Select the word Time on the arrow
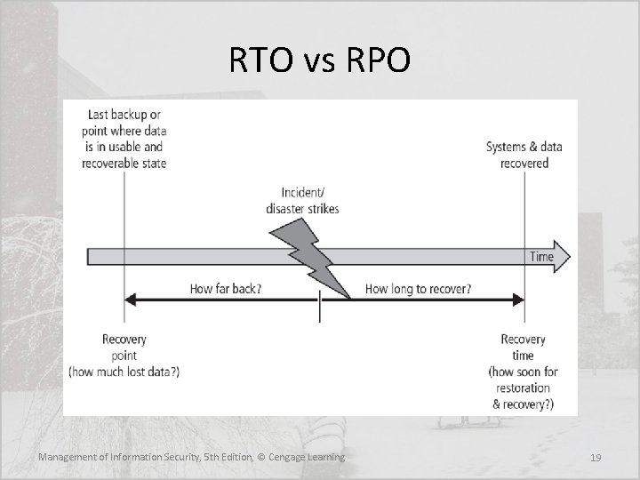click(541, 257)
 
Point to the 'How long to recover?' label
click(418, 289)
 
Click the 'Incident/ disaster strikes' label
click(302, 201)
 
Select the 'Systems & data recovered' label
click(524, 155)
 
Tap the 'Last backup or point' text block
click(124, 139)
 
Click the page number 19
click(596, 457)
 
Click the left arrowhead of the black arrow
click(130, 300)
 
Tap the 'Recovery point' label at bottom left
click(124, 348)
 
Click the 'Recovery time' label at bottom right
click(524, 348)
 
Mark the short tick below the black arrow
click(319, 312)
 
